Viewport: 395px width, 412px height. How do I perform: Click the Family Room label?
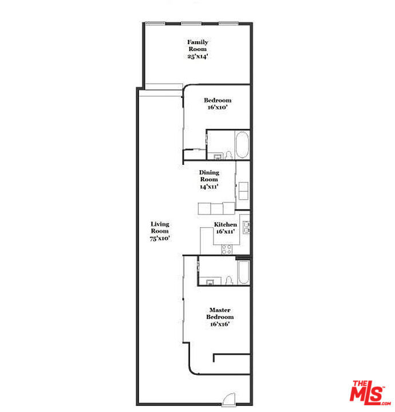click(x=197, y=45)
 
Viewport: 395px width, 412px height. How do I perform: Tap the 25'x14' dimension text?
click(x=197, y=56)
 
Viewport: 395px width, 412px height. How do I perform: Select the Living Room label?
click(x=160, y=227)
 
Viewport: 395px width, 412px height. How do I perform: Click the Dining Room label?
click(x=208, y=176)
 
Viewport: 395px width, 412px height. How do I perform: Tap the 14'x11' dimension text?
click(x=208, y=187)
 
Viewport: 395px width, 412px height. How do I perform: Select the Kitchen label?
click(x=226, y=225)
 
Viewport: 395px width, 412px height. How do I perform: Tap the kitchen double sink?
click(x=246, y=227)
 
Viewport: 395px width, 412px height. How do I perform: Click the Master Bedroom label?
click(x=220, y=314)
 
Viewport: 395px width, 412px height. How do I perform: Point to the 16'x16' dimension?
click(x=220, y=324)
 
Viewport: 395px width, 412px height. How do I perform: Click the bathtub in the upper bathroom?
click(x=242, y=145)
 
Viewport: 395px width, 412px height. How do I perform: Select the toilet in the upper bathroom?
click(x=228, y=154)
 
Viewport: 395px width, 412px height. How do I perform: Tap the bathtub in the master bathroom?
click(x=243, y=273)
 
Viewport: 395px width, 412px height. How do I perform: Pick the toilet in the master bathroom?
click(x=228, y=280)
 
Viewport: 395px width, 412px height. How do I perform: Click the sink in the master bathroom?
click(x=210, y=282)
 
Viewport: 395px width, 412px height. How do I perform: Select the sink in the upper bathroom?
click(x=218, y=156)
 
